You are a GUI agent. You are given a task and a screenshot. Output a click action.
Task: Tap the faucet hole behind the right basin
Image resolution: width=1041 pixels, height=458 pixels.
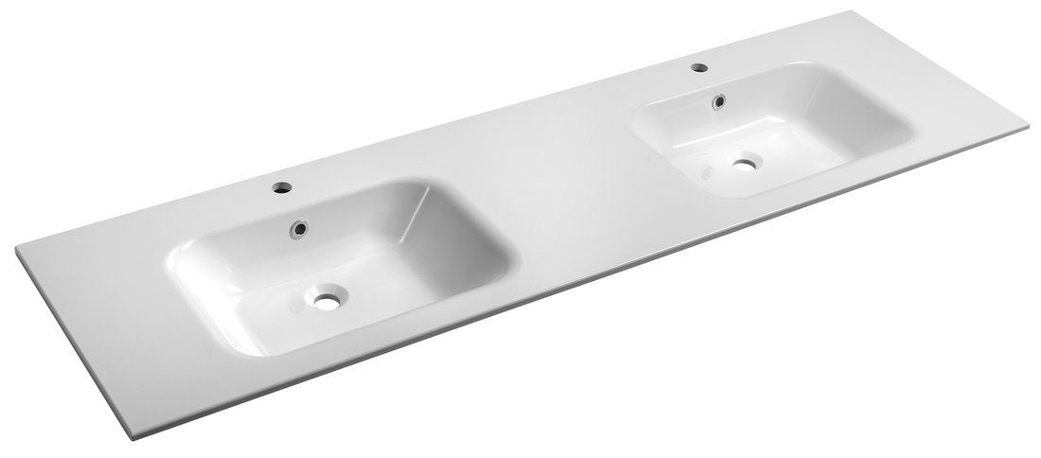(698, 68)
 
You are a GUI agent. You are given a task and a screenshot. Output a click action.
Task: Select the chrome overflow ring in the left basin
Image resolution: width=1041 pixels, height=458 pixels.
(300, 227)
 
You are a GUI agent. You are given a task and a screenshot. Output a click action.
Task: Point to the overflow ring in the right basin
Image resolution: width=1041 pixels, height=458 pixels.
(720, 97)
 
